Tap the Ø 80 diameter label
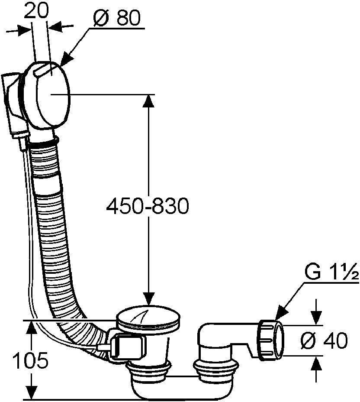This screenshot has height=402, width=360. coord(117,18)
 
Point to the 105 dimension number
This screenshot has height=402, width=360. coord(30,360)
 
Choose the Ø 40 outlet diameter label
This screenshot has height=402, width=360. coord(324,340)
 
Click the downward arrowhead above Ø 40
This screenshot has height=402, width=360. coord(317,318)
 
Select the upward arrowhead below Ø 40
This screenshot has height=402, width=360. coord(317,363)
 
